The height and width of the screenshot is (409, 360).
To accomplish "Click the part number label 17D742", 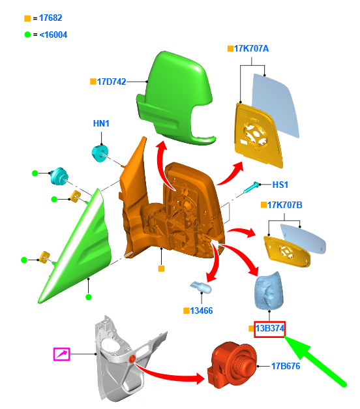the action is pyautogui.click(x=112, y=82).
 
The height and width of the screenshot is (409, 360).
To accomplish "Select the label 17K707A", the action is pyautogui.click(x=251, y=48).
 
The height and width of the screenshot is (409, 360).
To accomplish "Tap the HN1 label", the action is pyautogui.click(x=101, y=123).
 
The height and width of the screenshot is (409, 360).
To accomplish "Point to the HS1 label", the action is pyautogui.click(x=280, y=185).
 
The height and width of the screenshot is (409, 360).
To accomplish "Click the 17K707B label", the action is pyautogui.click(x=284, y=205).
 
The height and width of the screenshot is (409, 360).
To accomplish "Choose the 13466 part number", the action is pyautogui.click(x=202, y=311).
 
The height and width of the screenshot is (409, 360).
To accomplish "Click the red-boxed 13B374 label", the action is pyautogui.click(x=270, y=329).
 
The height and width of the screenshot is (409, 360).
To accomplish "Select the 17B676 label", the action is pyautogui.click(x=286, y=366).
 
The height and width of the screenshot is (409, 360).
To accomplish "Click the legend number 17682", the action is pyautogui.click(x=51, y=18).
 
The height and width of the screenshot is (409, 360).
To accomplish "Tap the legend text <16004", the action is pyautogui.click(x=53, y=35).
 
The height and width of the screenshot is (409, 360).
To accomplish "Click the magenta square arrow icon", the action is pyautogui.click(x=61, y=354).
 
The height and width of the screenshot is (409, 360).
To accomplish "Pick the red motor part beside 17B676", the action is pyautogui.click(x=232, y=365).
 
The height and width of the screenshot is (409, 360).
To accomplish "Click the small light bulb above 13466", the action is pyautogui.click(x=201, y=287).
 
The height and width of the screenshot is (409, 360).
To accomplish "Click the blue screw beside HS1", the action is pyautogui.click(x=251, y=188).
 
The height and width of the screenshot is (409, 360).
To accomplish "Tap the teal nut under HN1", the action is pyautogui.click(x=100, y=153).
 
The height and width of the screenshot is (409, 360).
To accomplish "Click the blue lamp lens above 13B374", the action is pyautogui.click(x=269, y=290).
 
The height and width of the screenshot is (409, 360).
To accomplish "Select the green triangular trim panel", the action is pyautogui.click(x=76, y=246).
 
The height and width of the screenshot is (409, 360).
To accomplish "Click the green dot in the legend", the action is pyautogui.click(x=27, y=35).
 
